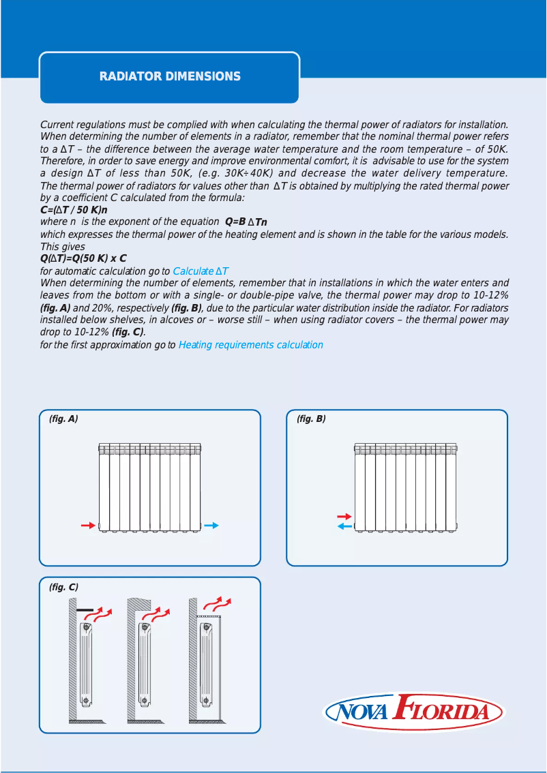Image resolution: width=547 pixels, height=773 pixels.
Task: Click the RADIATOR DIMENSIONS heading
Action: click(x=170, y=76)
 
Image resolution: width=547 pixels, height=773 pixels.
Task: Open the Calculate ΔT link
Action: click(x=201, y=271)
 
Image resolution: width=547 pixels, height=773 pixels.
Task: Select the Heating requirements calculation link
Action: click(x=250, y=345)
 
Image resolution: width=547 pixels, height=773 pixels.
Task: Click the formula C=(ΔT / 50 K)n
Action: click(x=74, y=210)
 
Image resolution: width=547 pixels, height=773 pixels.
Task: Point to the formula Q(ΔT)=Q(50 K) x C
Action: click(x=83, y=259)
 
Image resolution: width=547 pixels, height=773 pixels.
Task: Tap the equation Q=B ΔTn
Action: click(x=246, y=222)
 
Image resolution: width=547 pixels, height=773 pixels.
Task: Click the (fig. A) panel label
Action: click(x=63, y=419)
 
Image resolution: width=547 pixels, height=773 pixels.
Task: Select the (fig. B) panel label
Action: click(x=311, y=419)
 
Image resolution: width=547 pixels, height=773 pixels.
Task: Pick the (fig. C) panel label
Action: click(x=63, y=587)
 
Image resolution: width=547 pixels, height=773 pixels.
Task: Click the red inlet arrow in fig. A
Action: click(x=88, y=526)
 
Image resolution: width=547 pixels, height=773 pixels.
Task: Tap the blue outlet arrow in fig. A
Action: click(x=211, y=526)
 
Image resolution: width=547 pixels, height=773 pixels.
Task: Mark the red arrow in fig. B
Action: click(x=344, y=517)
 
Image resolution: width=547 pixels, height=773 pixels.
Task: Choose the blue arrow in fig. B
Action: click(x=344, y=527)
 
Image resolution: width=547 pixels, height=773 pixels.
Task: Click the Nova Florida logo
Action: click(x=414, y=713)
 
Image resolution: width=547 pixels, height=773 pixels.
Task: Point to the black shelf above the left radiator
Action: click(x=85, y=609)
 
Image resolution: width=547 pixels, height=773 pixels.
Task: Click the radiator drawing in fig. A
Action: click(x=150, y=487)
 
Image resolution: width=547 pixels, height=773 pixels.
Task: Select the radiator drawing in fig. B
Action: click(x=405, y=487)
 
